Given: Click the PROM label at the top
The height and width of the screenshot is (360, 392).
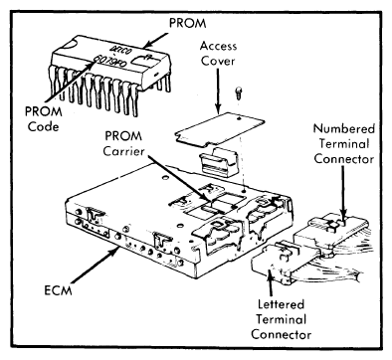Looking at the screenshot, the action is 188,23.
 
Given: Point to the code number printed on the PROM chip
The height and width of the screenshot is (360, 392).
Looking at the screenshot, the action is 109,62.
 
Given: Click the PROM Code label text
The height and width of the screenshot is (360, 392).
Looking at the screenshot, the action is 44,119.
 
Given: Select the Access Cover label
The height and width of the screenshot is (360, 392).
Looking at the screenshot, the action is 218,54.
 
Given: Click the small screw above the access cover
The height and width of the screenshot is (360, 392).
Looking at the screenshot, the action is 238,92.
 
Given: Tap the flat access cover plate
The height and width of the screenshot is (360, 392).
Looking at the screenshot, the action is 220,130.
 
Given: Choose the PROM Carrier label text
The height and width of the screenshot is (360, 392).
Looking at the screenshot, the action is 123,143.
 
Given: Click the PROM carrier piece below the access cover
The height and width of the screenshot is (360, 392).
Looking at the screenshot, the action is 219,161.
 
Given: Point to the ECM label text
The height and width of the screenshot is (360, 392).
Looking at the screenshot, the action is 58,290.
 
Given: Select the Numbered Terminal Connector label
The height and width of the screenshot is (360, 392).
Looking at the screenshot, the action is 344,144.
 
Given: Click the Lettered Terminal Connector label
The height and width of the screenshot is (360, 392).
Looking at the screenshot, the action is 282,319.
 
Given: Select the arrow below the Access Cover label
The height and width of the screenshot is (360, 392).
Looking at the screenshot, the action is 218,91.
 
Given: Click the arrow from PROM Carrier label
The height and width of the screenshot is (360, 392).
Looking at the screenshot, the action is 179,178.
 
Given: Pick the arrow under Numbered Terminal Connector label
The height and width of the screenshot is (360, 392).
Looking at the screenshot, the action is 343,192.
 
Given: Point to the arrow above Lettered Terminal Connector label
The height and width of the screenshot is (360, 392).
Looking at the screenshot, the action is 271,282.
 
